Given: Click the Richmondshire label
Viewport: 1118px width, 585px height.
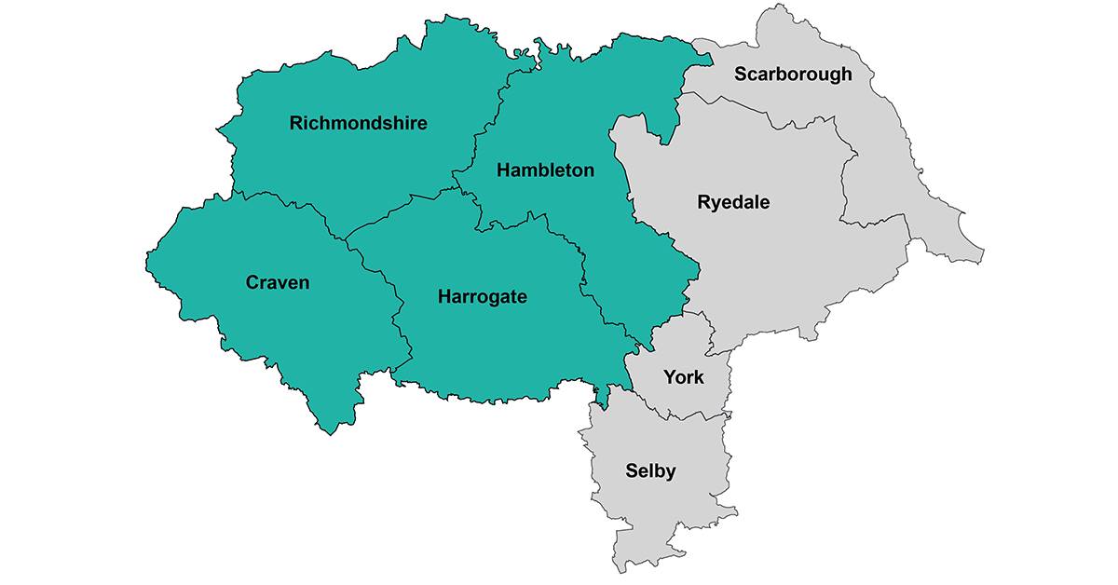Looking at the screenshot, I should [358, 123].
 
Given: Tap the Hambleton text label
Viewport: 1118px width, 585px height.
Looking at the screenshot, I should [545, 170].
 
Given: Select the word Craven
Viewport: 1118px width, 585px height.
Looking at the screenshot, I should [277, 282].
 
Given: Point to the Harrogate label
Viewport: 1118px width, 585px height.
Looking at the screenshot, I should [482, 297].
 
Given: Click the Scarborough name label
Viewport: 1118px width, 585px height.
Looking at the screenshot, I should [792, 75].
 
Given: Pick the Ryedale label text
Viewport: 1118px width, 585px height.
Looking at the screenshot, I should [733, 202].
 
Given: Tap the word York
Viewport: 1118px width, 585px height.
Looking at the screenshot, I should [682, 378].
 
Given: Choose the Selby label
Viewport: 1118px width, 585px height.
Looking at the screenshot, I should [649, 471].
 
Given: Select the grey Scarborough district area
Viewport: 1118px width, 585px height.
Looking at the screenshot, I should [885, 186].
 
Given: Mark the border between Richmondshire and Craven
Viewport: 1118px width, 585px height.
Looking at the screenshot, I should [279, 199].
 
